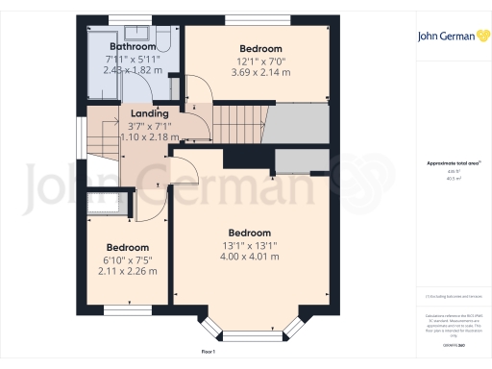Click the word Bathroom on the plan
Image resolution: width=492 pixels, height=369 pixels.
click(133, 46)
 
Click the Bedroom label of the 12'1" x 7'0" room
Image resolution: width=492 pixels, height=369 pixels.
click(260, 49)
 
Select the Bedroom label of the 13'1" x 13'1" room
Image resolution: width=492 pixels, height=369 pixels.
click(249, 233)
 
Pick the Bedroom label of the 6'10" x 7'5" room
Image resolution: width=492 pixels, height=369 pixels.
click(128, 247)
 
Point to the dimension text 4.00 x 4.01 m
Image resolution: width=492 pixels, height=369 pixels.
click(249, 256)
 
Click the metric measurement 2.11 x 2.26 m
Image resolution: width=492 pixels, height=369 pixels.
click(128, 270)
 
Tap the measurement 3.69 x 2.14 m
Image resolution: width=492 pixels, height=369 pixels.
click(260, 72)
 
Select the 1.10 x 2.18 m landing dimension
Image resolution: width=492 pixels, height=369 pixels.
click(148, 136)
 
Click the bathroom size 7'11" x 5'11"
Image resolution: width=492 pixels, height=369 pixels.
click(133, 60)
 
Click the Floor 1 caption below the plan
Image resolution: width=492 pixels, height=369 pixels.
click(208, 352)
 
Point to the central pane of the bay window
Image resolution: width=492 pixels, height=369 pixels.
click(248, 335)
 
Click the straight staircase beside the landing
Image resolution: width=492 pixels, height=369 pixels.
click(235, 123)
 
